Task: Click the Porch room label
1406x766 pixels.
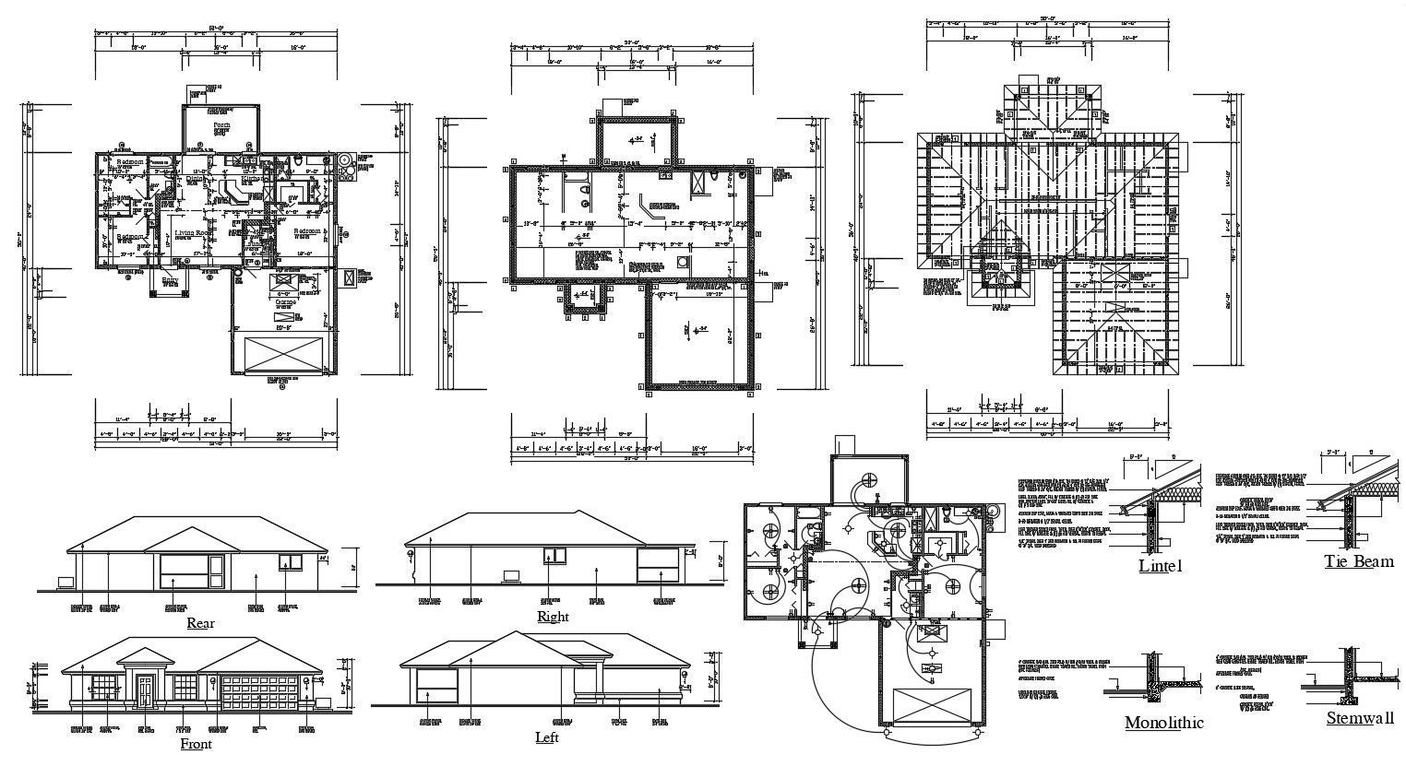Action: (221, 124)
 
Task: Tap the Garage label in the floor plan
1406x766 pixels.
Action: (285, 301)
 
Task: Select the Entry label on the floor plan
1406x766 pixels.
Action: (171, 279)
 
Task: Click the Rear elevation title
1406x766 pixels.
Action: (200, 623)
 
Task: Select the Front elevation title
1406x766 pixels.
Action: (196, 744)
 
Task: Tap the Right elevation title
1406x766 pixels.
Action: (553, 617)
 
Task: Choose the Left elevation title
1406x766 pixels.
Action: (546, 737)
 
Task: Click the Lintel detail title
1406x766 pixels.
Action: (1160, 566)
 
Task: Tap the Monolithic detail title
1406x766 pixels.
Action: (1163, 723)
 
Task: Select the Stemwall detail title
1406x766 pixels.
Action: (1360, 718)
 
